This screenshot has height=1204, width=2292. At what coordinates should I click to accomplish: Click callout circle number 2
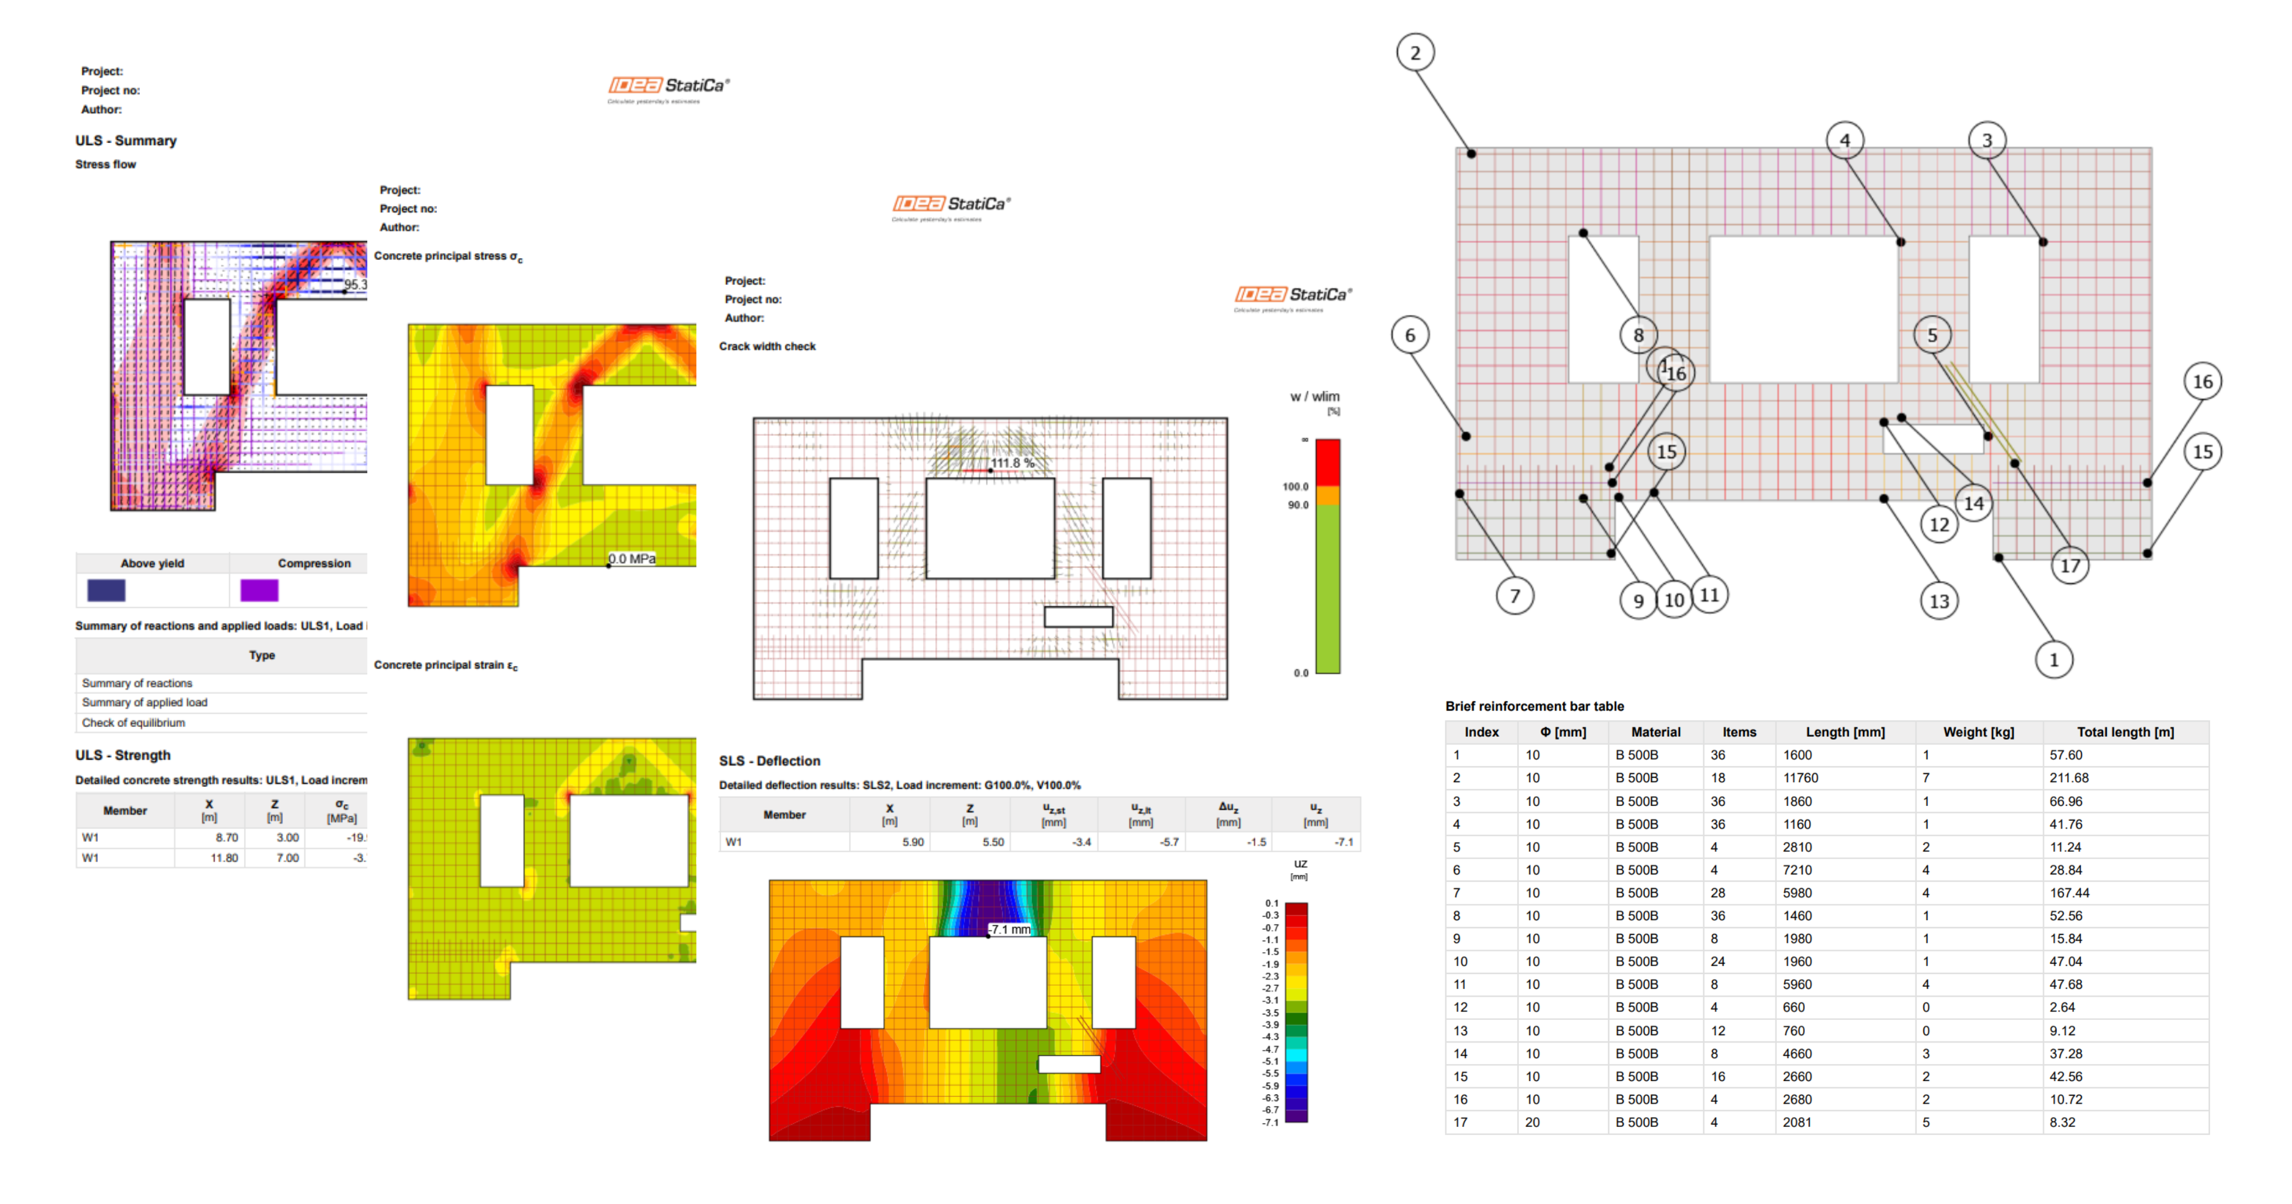[1415, 53]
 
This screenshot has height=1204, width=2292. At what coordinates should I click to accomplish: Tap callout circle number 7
[1515, 596]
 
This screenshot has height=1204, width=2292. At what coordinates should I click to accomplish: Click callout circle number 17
[2071, 566]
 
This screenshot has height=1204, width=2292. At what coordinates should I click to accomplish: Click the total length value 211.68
[2069, 778]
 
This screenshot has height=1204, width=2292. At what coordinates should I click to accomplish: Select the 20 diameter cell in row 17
[1532, 1122]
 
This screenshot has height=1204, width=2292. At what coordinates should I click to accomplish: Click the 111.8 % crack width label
[1013, 463]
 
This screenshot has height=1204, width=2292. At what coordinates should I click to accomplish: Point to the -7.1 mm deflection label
[1010, 929]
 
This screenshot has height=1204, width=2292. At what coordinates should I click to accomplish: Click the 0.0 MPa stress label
[632, 559]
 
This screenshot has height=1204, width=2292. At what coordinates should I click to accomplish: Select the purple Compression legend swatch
[259, 590]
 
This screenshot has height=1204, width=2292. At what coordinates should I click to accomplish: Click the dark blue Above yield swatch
[106, 590]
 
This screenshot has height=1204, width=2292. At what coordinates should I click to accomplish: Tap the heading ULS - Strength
[123, 755]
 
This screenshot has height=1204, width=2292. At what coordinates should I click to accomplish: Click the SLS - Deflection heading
[770, 761]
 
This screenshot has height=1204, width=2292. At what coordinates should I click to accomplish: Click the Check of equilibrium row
[133, 723]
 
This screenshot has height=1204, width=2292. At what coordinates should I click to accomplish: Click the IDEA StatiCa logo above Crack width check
[1292, 295]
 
